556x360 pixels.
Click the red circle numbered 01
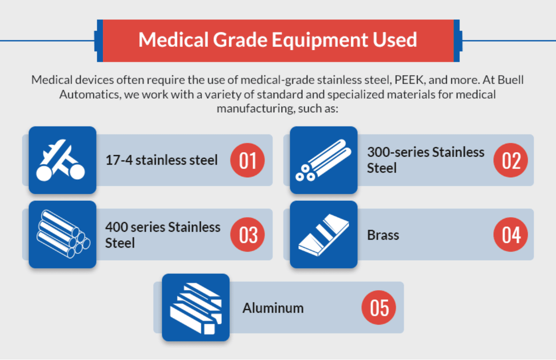pyautogui.click(x=248, y=160)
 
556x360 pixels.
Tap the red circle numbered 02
pyautogui.click(x=510, y=160)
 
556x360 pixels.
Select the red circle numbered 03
pyautogui.click(x=248, y=234)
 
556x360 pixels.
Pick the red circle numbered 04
pyautogui.click(x=510, y=234)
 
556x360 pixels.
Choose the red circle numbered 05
pyautogui.click(x=378, y=307)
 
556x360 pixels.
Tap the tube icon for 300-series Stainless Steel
pyautogui.click(x=324, y=160)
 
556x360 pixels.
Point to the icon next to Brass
pyautogui.click(x=324, y=234)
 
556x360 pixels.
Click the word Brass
pyautogui.click(x=383, y=235)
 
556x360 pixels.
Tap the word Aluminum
pyautogui.click(x=273, y=308)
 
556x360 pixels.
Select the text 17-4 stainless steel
pyautogui.click(x=162, y=160)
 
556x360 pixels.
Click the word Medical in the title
pyautogui.click(x=173, y=40)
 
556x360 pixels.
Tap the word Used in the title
pyautogui.click(x=395, y=40)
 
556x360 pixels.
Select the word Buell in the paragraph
pyautogui.click(x=511, y=80)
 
